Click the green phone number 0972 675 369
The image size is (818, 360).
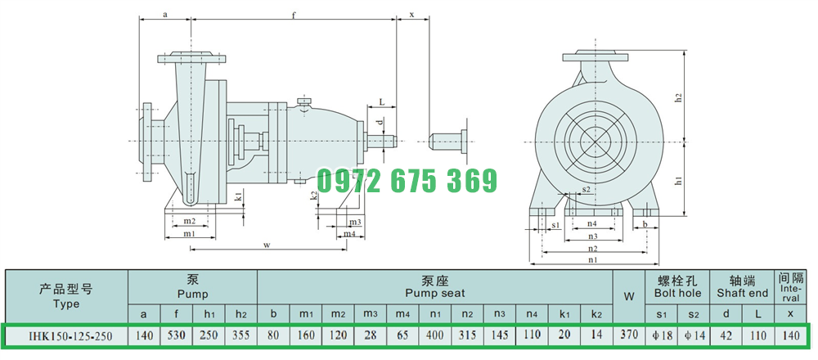coord(407,181)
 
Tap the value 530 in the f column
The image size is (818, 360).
coord(177,335)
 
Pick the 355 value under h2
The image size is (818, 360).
coord(241,335)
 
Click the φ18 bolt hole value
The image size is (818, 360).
coord(662,335)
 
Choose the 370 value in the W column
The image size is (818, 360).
coord(629,335)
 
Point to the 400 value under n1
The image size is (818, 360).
coord(436,335)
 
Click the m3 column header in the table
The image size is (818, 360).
coord(371,313)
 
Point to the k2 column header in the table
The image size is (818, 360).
coord(597,313)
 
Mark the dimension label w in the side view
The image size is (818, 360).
coord(267,244)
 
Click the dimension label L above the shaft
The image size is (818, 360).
coord(381,102)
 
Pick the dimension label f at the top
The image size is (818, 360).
coord(294,15)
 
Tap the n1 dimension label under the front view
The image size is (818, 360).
coord(593,259)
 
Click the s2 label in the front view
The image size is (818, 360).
coord(586,189)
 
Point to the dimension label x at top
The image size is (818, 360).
coord(411,15)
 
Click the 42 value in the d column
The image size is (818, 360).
coord(726,335)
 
